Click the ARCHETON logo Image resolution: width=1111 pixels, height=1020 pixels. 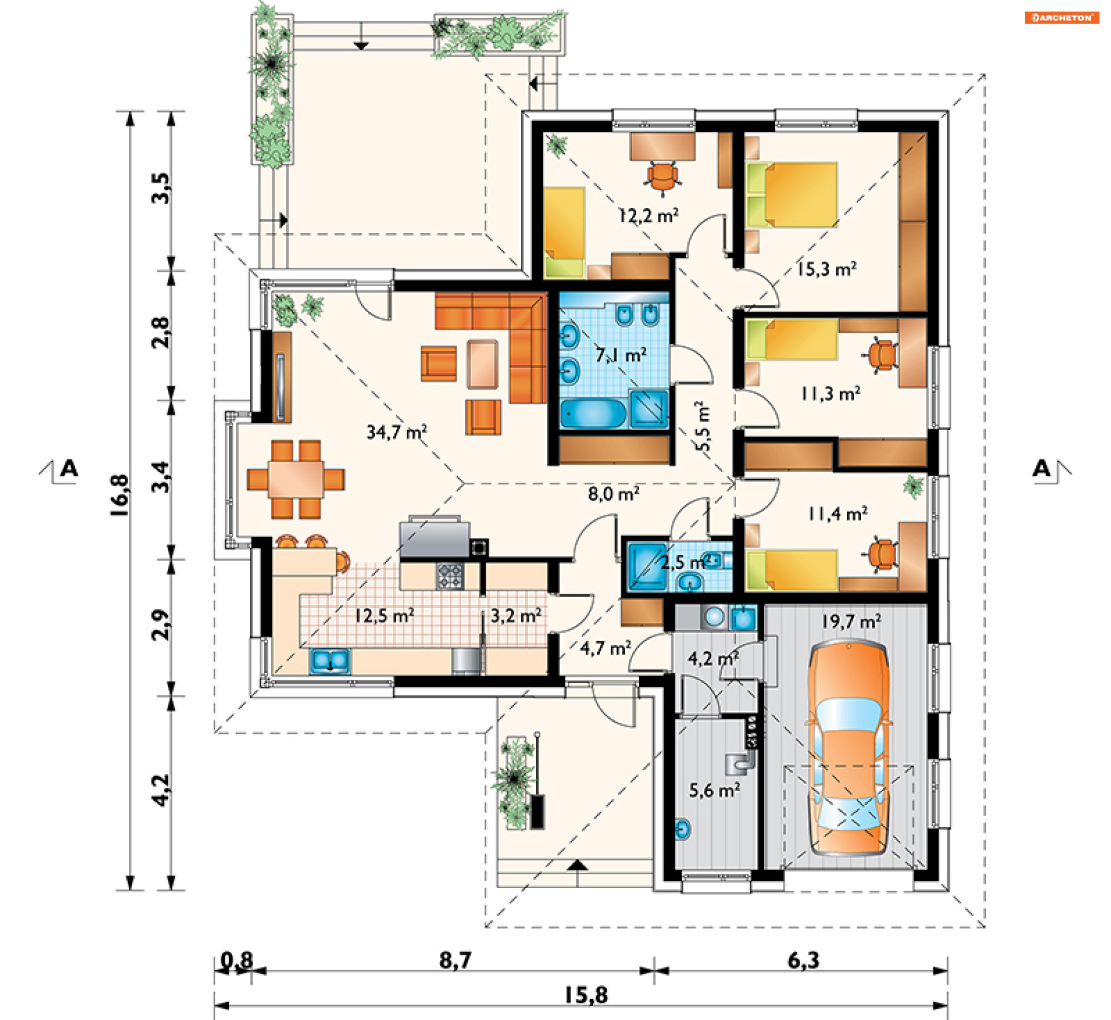(x=1061, y=17)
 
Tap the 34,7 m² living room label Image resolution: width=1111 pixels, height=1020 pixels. (x=397, y=431)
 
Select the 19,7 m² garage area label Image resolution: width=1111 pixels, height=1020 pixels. (x=851, y=621)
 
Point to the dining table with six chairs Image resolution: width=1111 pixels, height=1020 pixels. (x=296, y=479)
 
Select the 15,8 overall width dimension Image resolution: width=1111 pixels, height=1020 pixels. (x=586, y=995)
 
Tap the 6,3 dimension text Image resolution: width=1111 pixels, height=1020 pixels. (x=804, y=960)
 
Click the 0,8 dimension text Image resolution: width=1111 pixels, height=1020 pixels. (x=237, y=960)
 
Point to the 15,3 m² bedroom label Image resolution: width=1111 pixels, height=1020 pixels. (x=827, y=269)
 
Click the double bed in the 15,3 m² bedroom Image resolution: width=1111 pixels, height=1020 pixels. (x=792, y=195)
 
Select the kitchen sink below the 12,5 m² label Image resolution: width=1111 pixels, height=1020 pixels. (x=330, y=661)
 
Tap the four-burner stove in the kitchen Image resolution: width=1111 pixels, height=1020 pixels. (x=450, y=576)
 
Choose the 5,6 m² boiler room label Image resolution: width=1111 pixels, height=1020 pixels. (x=715, y=790)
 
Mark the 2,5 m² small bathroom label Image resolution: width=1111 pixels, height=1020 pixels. (x=686, y=561)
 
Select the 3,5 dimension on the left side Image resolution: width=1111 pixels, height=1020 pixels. (x=161, y=188)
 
